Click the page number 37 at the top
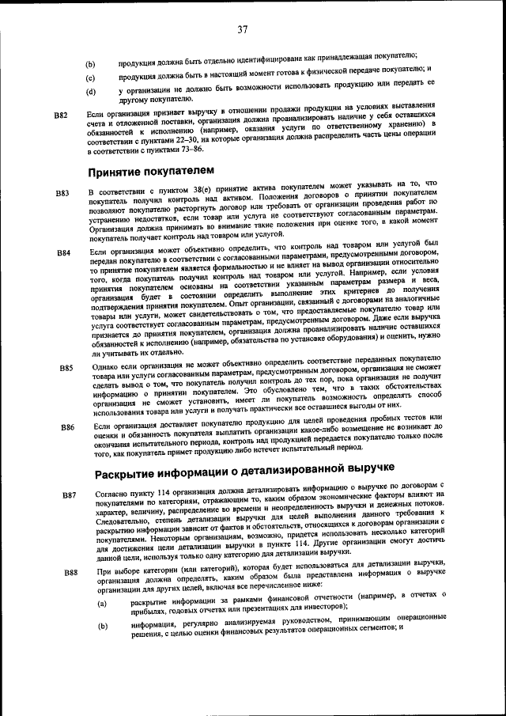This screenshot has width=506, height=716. (x=242, y=29)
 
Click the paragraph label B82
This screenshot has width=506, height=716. (x=61, y=116)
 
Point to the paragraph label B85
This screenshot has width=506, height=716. (x=66, y=368)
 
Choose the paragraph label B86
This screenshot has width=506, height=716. (x=67, y=427)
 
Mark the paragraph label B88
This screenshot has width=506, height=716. (x=70, y=572)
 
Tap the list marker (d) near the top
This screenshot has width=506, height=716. (x=90, y=93)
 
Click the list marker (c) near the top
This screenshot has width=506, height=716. (x=90, y=78)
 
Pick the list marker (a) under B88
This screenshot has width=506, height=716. (x=101, y=604)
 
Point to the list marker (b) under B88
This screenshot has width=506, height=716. (x=102, y=627)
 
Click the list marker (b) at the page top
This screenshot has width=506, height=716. (x=90, y=64)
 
